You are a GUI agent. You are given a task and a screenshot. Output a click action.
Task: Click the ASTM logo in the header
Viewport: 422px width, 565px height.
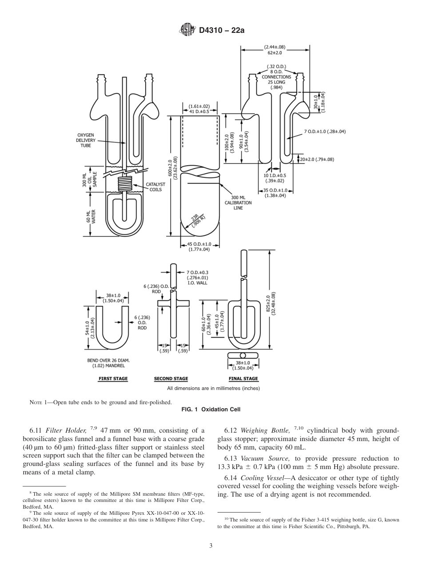187,30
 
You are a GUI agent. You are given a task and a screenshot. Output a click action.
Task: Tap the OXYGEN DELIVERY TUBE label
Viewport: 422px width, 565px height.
86,140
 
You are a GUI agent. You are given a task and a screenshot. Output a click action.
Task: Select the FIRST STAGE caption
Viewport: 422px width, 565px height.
113,379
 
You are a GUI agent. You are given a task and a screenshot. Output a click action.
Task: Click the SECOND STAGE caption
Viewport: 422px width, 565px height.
171,379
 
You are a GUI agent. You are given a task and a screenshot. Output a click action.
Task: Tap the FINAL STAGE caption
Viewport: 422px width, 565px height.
243,379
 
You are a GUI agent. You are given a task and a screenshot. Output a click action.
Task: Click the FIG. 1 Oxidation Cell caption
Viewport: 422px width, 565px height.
211,409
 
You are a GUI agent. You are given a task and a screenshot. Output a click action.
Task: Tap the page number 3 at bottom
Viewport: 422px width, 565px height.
211,546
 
